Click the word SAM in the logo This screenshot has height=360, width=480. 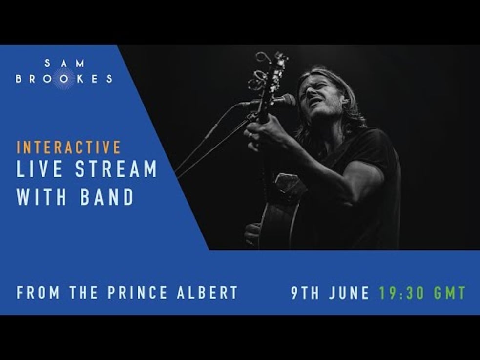coord(64,63)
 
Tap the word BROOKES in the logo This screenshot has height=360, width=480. coord(64,79)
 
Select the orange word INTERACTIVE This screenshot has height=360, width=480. coord(69,147)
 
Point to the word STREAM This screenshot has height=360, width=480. coord(116,169)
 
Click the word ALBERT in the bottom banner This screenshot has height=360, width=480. coord(213,293)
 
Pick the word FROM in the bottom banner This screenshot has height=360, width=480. coord(39,293)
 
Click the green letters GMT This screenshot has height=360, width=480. coord(449,293)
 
